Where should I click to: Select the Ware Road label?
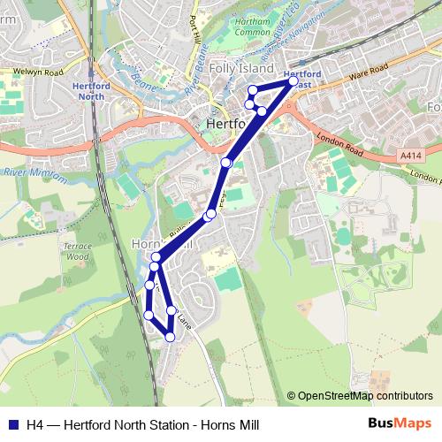(x=370, y=70)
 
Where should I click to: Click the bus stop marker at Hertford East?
(x=293, y=81)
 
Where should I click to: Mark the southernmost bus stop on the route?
(x=170, y=337)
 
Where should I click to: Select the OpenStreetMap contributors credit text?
(x=360, y=396)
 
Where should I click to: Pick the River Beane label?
(x=195, y=84)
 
